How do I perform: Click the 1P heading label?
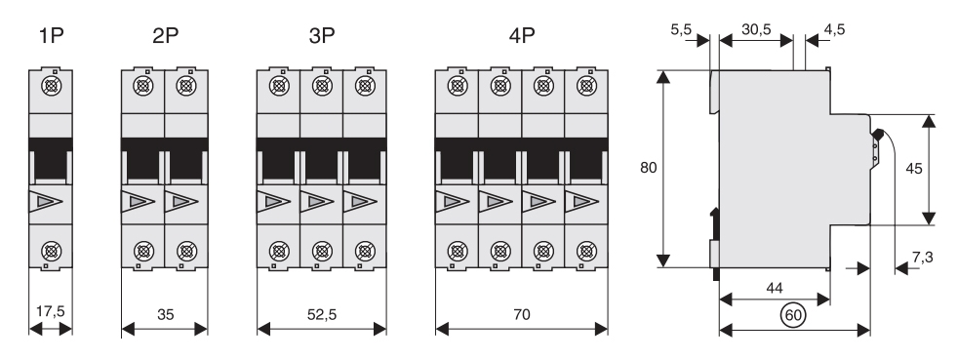[x=52, y=36]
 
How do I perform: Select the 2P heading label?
[x=165, y=36]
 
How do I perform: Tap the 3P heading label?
[x=322, y=36]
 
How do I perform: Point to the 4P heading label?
[x=522, y=36]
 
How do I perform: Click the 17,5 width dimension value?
[x=50, y=311]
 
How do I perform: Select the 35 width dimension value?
[x=165, y=314]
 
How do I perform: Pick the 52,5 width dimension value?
[x=322, y=314]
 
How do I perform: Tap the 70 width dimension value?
[x=522, y=314]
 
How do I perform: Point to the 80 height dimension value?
[x=648, y=167]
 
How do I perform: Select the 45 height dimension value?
[x=914, y=169]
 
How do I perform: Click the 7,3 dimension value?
[x=922, y=258]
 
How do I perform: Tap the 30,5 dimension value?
[x=756, y=28]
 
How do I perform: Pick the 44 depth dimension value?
[x=774, y=288]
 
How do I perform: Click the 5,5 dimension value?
[x=681, y=28]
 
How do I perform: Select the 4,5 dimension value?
[x=834, y=28]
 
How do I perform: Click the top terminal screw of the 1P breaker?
[x=51, y=86]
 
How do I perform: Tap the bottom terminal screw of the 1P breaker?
[x=51, y=251]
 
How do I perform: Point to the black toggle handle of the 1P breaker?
[x=51, y=160]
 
